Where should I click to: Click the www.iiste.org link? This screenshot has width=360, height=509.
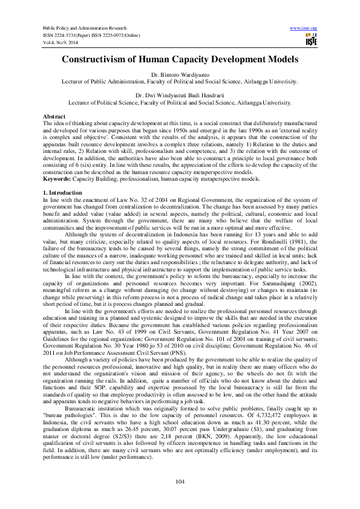(304, 28)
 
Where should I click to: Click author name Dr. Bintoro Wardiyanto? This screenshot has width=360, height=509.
(180, 74)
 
